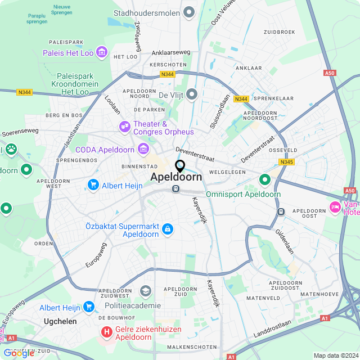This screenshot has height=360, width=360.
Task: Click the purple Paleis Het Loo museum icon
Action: pyautogui.click(x=102, y=53)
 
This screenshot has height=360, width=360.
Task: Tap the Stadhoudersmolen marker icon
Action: pyautogui.click(x=190, y=12)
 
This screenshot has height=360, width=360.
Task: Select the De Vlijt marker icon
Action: pyautogui.click(x=192, y=94)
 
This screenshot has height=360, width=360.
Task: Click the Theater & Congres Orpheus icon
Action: pyautogui.click(x=125, y=128)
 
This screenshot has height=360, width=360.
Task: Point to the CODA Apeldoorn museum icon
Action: pyautogui.click(x=143, y=149)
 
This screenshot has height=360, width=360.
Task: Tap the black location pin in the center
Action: pyautogui.click(x=180, y=166)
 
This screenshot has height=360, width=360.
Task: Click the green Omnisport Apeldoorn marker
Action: pyautogui.click(x=264, y=180)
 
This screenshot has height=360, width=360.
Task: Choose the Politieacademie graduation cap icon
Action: pyautogui.click(x=146, y=291)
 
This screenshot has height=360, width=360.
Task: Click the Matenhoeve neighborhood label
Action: pyautogui.click(x=318, y=294)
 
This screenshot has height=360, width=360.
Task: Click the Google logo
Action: pyautogui.click(x=19, y=353)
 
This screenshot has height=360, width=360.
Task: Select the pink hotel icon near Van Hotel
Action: pyautogui.click(x=335, y=206)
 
